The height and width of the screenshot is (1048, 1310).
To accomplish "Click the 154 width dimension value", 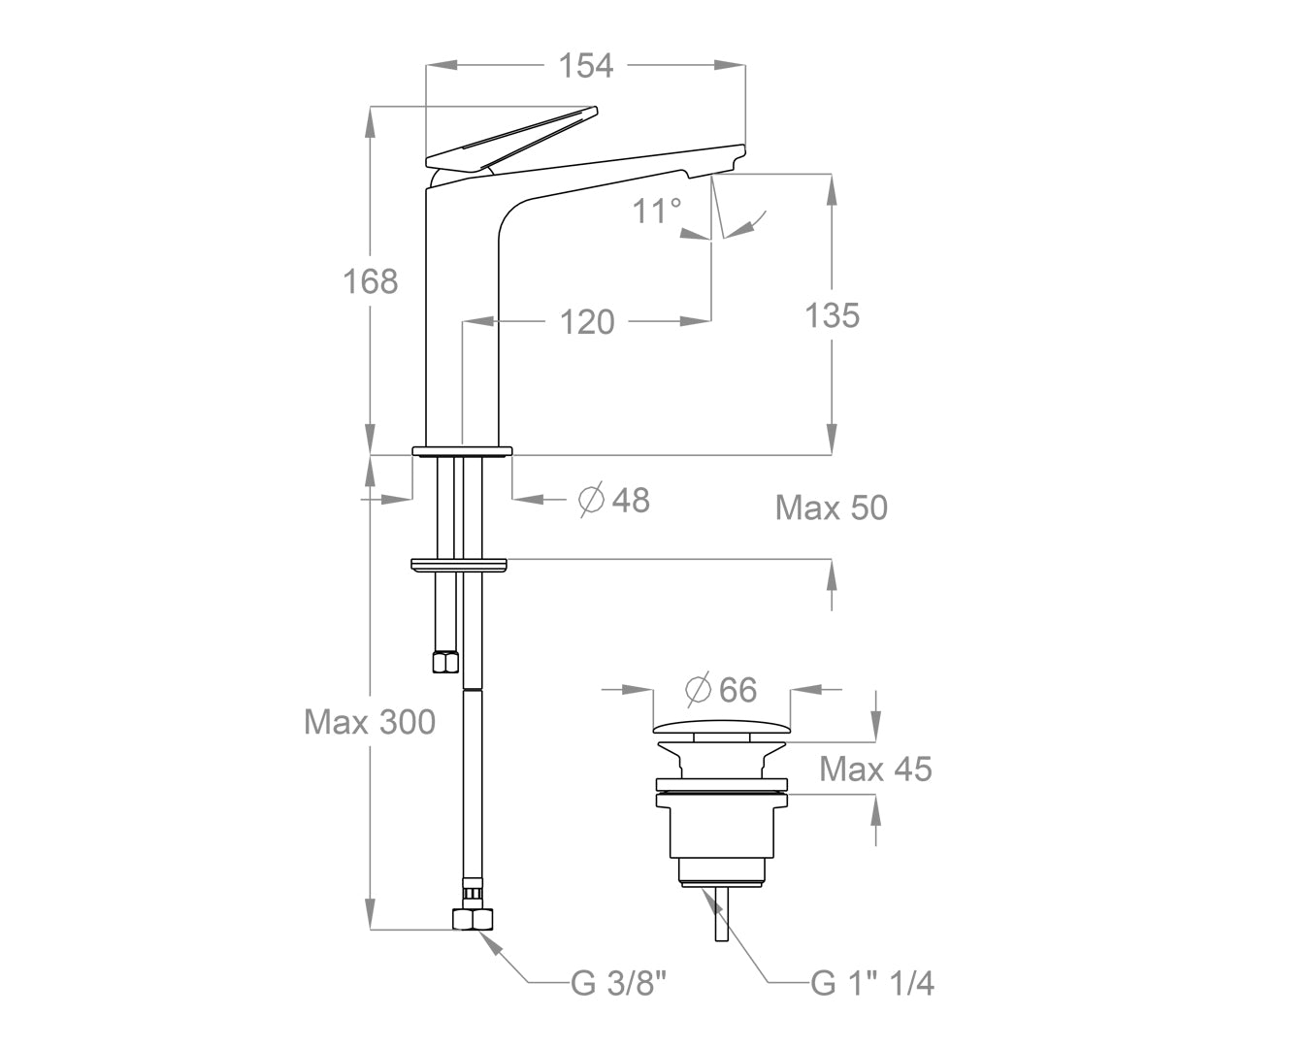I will click(586, 65).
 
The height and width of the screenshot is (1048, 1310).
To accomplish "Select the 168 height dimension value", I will click(371, 281).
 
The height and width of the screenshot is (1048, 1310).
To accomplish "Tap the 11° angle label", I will click(657, 210).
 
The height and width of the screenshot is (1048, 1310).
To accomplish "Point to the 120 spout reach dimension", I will click(586, 321).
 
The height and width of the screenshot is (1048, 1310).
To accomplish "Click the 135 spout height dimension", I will click(832, 315).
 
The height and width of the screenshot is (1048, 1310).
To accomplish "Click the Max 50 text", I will click(831, 508).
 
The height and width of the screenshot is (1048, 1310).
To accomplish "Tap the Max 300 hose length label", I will click(369, 722).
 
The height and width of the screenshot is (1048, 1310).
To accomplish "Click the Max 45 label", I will click(875, 770).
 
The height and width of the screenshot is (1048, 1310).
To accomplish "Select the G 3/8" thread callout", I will click(617, 984).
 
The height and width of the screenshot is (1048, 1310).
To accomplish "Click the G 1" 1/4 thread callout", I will click(872, 984).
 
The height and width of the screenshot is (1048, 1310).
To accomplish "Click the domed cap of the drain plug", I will click(722, 726).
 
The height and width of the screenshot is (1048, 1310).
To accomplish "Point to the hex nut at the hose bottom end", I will click(472, 918).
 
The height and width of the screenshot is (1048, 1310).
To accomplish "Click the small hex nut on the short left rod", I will click(444, 662).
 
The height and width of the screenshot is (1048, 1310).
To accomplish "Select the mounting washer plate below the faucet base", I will click(460, 564).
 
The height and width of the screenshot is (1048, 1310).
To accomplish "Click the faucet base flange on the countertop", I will click(462, 450).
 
